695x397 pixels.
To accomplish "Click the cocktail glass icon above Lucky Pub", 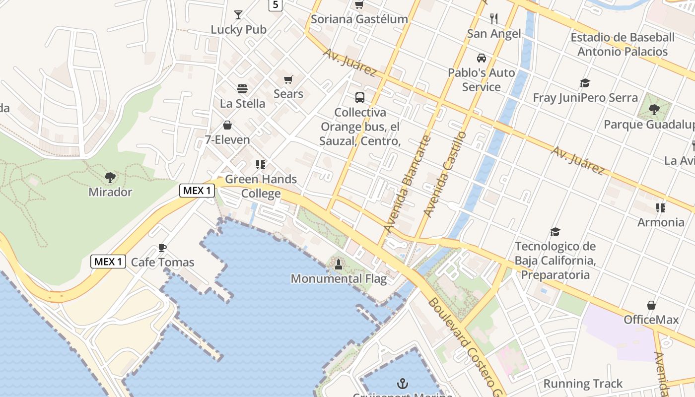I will click(x=238, y=15).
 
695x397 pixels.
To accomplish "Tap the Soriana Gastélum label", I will click(x=359, y=19).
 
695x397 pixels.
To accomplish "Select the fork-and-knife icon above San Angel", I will click(x=494, y=19).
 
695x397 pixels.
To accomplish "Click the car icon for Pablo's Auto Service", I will click(x=482, y=58).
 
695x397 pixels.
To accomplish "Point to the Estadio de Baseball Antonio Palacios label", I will click(x=623, y=44).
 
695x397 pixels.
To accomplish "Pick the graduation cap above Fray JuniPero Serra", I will click(x=585, y=83).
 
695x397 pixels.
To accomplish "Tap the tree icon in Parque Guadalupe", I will click(x=654, y=109).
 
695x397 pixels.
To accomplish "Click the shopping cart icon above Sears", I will click(x=288, y=79).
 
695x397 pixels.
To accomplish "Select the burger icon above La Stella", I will click(x=242, y=89).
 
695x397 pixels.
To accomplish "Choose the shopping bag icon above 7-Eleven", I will click(x=227, y=125).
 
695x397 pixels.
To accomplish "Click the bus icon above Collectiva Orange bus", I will click(x=360, y=98).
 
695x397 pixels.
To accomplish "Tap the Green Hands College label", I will click(x=261, y=186).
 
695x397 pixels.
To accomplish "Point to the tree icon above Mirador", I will click(x=110, y=177).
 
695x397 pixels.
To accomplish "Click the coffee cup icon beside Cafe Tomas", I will click(x=162, y=248).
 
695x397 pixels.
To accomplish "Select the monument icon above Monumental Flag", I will click(x=339, y=264).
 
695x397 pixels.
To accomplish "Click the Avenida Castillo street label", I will click(x=445, y=173).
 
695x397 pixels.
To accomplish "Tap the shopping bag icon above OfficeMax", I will click(x=651, y=305).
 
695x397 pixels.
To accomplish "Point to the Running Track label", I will click(x=583, y=384).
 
